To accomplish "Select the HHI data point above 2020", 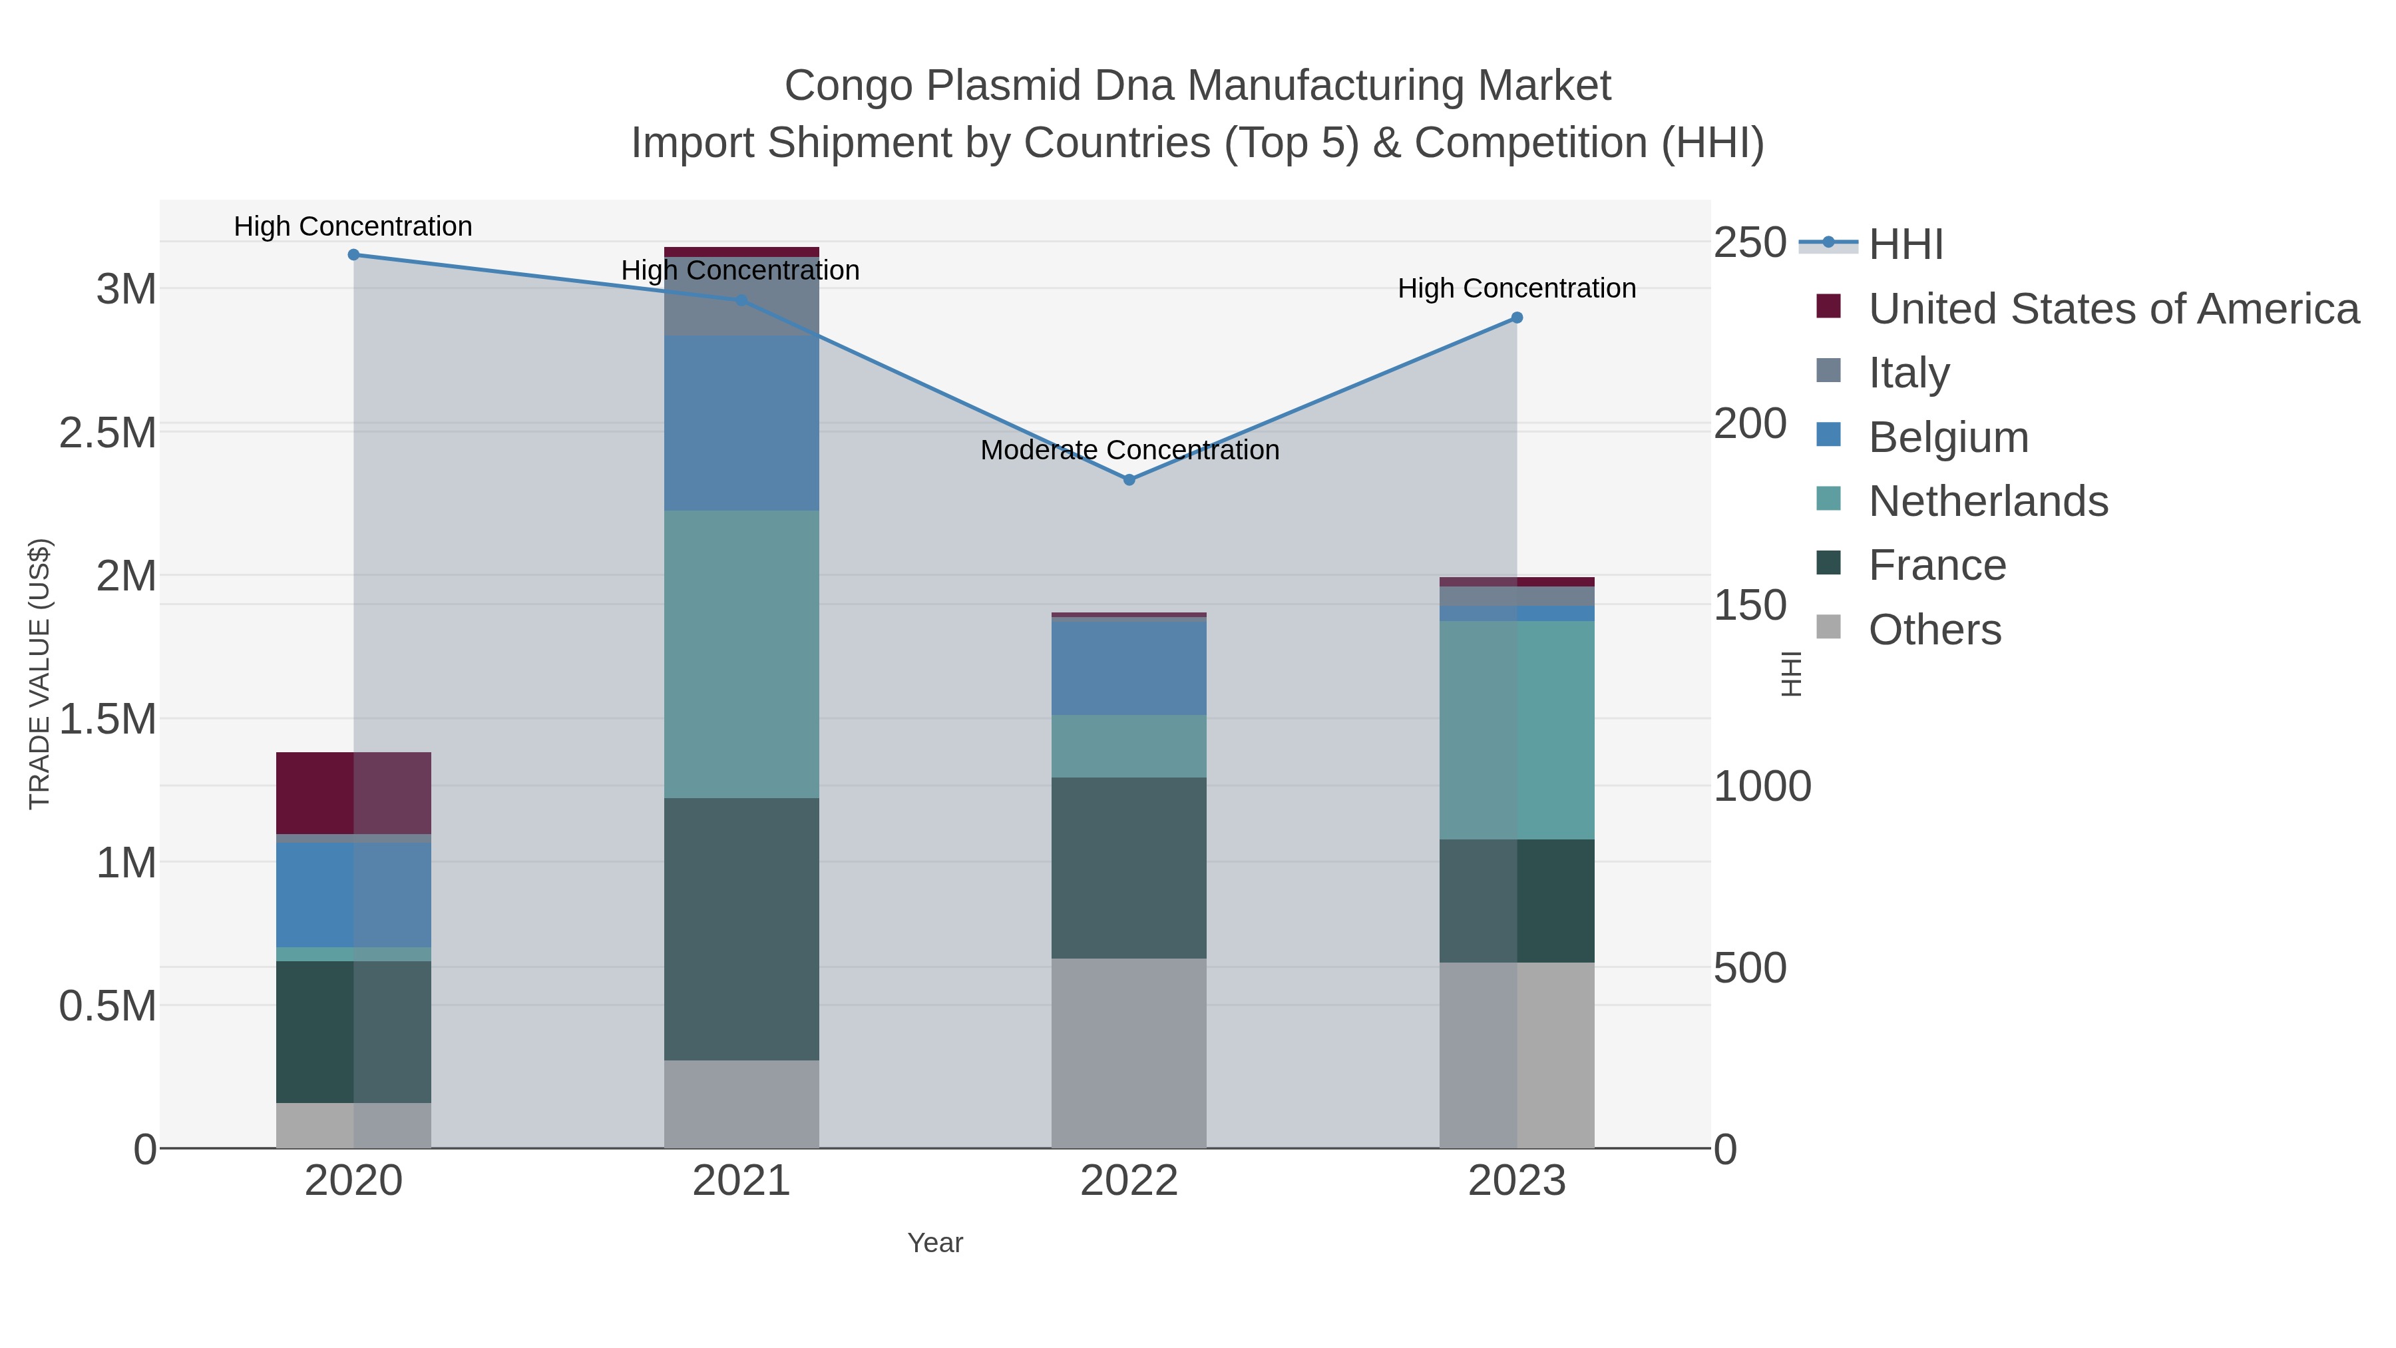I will [353, 255].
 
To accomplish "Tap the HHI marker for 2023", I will [1516, 318].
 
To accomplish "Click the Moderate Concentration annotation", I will [1129, 450].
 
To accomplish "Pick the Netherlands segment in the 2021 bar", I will [741, 653].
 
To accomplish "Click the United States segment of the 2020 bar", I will [353, 793].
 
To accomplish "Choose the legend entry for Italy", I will [1909, 373].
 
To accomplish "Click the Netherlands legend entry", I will [1987, 501].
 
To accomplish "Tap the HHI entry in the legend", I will [1905, 245].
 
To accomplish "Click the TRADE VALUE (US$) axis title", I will [39, 674].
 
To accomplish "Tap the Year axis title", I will [935, 1243].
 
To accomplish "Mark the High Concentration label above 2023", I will [1516, 288].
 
